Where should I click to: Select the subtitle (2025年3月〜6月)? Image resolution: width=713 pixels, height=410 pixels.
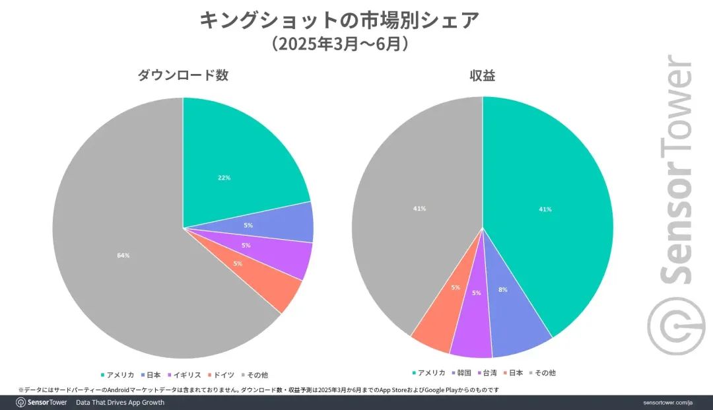[339, 45]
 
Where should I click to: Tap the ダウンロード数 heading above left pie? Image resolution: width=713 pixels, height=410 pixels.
[183, 75]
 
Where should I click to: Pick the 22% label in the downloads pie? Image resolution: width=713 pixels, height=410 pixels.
[224, 178]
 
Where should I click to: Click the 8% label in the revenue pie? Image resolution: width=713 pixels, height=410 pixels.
[503, 290]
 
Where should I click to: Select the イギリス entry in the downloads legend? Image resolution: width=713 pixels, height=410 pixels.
[187, 374]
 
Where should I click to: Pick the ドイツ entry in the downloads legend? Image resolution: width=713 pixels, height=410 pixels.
[222, 374]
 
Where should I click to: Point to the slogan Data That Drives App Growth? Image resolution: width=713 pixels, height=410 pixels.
[120, 402]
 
